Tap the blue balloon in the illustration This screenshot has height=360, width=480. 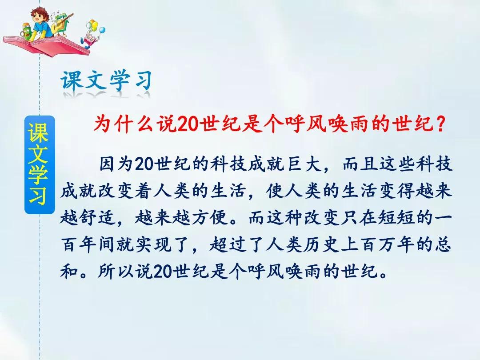click(x=102, y=30)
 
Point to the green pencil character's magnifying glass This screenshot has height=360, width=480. click(x=23, y=32)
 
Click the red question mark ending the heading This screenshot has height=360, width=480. click(x=440, y=124)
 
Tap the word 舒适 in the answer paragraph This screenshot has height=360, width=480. click(x=98, y=218)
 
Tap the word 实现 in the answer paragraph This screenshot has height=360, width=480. click(x=153, y=244)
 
